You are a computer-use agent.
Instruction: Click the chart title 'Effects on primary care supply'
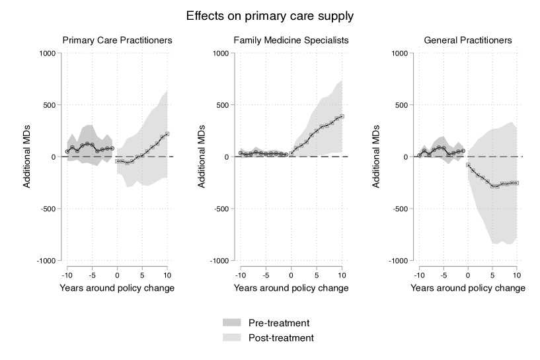270,15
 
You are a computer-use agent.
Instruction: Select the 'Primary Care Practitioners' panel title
118,40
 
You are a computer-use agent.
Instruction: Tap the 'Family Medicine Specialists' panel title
291,40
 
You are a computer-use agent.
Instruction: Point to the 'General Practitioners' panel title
468,40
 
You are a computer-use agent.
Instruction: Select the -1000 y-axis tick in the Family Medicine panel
223,261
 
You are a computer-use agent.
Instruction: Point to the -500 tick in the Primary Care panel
50,209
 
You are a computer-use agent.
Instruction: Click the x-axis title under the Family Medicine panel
291,288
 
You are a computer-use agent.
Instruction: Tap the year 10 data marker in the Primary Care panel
167,134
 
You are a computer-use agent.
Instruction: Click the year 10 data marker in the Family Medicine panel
342,116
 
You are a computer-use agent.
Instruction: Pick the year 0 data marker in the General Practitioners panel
467,164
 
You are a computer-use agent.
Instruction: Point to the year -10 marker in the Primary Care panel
67,151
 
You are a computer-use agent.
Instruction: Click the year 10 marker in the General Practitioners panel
517,182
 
